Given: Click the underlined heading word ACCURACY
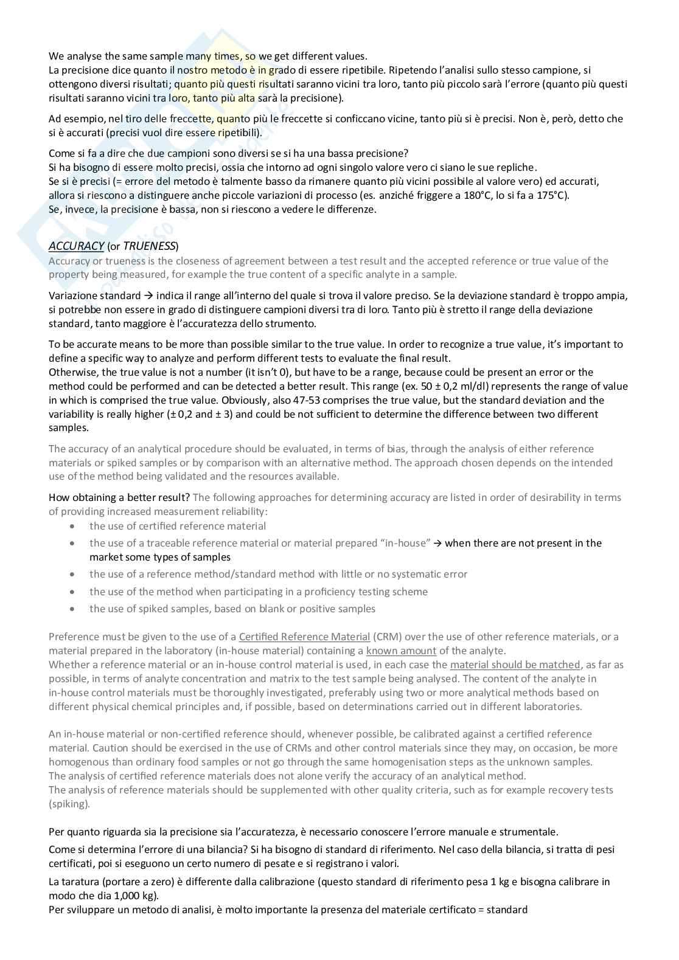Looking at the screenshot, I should coord(76,246).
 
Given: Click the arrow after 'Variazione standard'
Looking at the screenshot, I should coord(148,296).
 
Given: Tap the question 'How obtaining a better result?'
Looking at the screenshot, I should coord(119,497).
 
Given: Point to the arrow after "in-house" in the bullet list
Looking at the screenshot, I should coord(437,543).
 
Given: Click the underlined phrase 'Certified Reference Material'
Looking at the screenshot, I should coord(304,637).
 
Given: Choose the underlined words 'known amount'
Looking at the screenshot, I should coord(401,651).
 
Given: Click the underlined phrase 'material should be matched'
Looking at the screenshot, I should coord(515,665).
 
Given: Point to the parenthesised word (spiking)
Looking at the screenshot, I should coord(69,804).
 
